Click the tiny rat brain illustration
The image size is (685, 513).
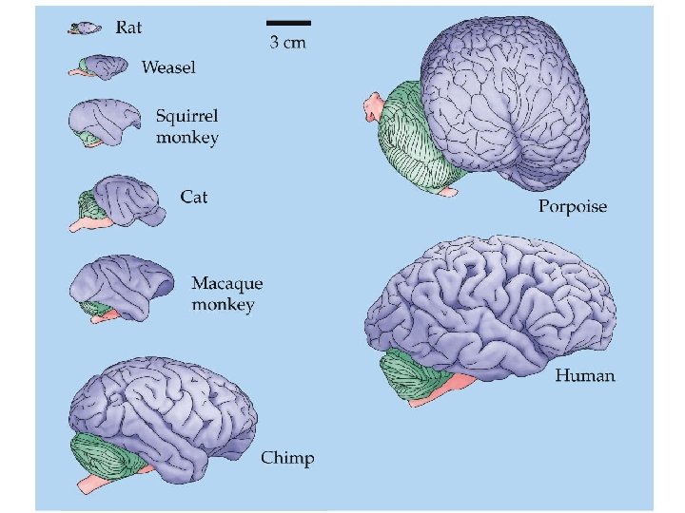pyautogui.click(x=86, y=29)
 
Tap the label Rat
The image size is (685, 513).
pyautogui.click(x=128, y=28)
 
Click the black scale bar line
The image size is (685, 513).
pyautogui.click(x=288, y=22)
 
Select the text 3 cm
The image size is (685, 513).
pyautogui.click(x=288, y=42)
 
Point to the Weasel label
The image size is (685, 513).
pyautogui.click(x=169, y=66)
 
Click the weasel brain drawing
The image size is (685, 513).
pyautogui.click(x=99, y=67)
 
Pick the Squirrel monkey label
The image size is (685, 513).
pyautogui.click(x=187, y=126)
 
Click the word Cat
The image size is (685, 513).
pyautogui.click(x=194, y=198)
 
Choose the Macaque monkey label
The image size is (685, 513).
pyautogui.click(x=227, y=294)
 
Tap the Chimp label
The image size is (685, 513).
pyautogui.click(x=287, y=459)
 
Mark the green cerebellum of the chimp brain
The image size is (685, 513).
pyautogui.click(x=105, y=454)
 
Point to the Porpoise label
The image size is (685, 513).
pyautogui.click(x=573, y=206)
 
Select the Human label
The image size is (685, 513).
pyautogui.click(x=585, y=375)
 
